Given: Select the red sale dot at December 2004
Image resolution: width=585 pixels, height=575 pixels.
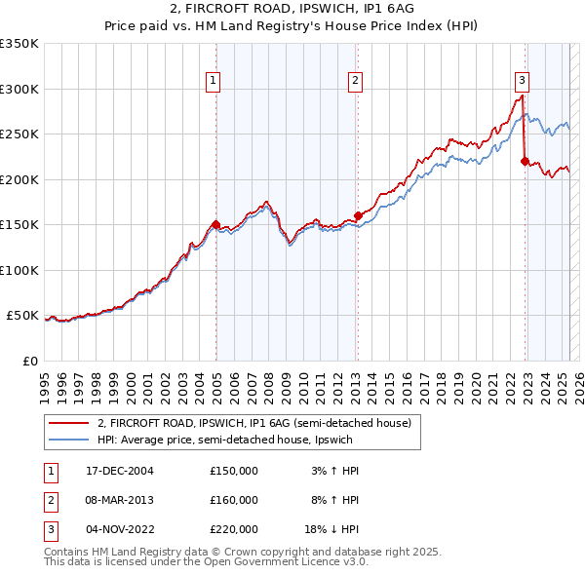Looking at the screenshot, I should (215, 224).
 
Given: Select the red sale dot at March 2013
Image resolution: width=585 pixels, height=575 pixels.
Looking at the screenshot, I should (358, 215).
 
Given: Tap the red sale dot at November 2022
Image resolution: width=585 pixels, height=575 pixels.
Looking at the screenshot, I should (525, 161).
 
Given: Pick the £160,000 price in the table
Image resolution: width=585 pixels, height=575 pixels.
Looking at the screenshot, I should (234, 500).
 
